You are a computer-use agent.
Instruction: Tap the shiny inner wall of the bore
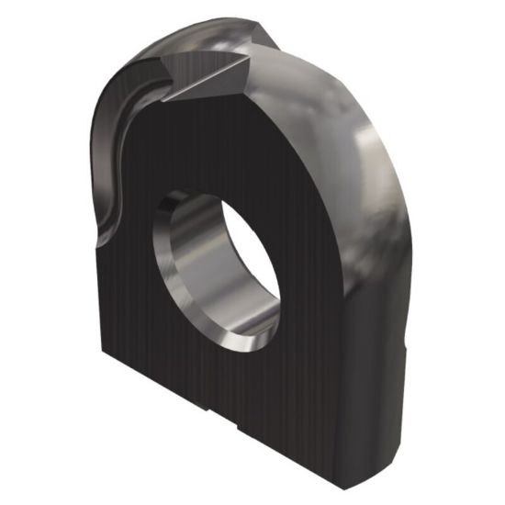click(x=197, y=266)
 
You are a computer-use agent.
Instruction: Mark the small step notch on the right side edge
click(x=404, y=347)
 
